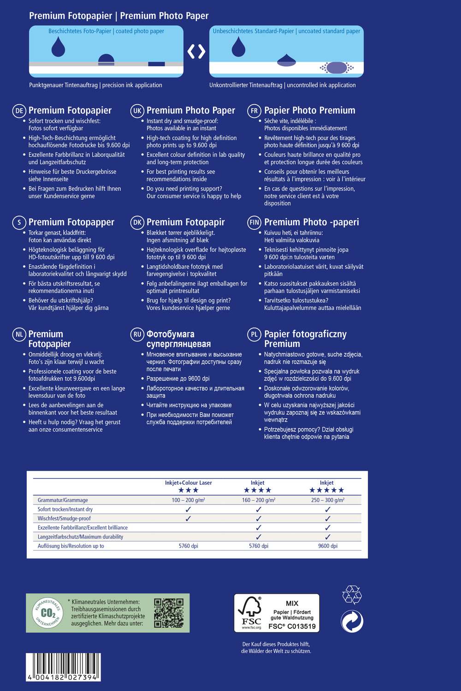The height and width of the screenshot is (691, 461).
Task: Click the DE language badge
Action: point(19,111)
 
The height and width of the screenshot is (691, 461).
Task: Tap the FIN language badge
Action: point(254,223)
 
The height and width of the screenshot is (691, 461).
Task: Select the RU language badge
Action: point(137,334)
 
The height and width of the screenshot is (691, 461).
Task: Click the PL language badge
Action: point(254,334)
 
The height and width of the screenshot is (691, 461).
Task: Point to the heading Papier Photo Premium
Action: point(309,111)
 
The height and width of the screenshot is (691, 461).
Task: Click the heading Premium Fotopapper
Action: point(71,222)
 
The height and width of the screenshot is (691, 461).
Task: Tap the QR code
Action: point(169,613)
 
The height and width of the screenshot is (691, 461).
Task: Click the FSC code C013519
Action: point(292,626)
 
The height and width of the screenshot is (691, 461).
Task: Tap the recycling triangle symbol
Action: point(352,594)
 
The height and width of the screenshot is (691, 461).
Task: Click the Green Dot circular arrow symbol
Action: point(352,621)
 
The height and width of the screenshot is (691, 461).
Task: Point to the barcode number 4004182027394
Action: point(63,678)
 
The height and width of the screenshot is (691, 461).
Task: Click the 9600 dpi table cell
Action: point(328,546)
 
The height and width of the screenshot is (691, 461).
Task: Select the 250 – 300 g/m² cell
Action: point(328,500)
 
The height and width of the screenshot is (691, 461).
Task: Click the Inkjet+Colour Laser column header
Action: point(189,483)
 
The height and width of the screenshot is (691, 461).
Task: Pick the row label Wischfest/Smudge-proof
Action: point(64,518)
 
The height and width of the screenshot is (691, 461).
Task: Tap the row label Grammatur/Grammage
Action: point(63,500)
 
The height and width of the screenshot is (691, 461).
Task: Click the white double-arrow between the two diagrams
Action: point(196,51)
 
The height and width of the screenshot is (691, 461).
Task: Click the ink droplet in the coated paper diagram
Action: point(58,47)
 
